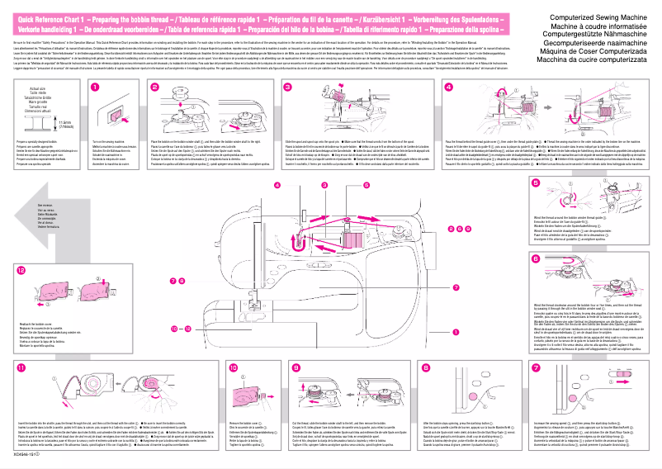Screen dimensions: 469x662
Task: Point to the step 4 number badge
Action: [448, 86]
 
